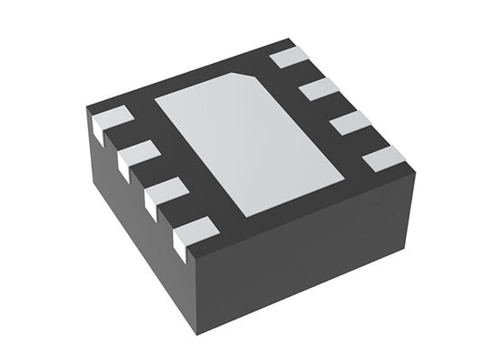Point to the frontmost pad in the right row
(384, 160)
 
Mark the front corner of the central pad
(245, 216)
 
